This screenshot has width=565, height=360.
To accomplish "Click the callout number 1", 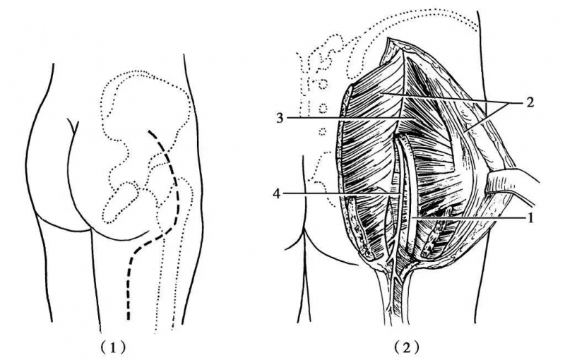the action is click(530, 218).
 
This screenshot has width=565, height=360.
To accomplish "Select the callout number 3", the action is click(280, 118).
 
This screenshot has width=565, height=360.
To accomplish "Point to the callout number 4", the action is click(276, 194).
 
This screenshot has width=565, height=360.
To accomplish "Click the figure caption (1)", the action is click(113, 348).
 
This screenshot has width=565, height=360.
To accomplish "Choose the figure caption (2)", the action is click(407, 348).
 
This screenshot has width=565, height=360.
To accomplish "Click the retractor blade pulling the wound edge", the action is click(511, 183).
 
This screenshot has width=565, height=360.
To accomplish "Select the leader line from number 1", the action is click(468, 218).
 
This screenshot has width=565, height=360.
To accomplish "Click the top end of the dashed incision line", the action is click(149, 131).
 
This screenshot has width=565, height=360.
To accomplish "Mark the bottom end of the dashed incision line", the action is click(128, 319).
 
